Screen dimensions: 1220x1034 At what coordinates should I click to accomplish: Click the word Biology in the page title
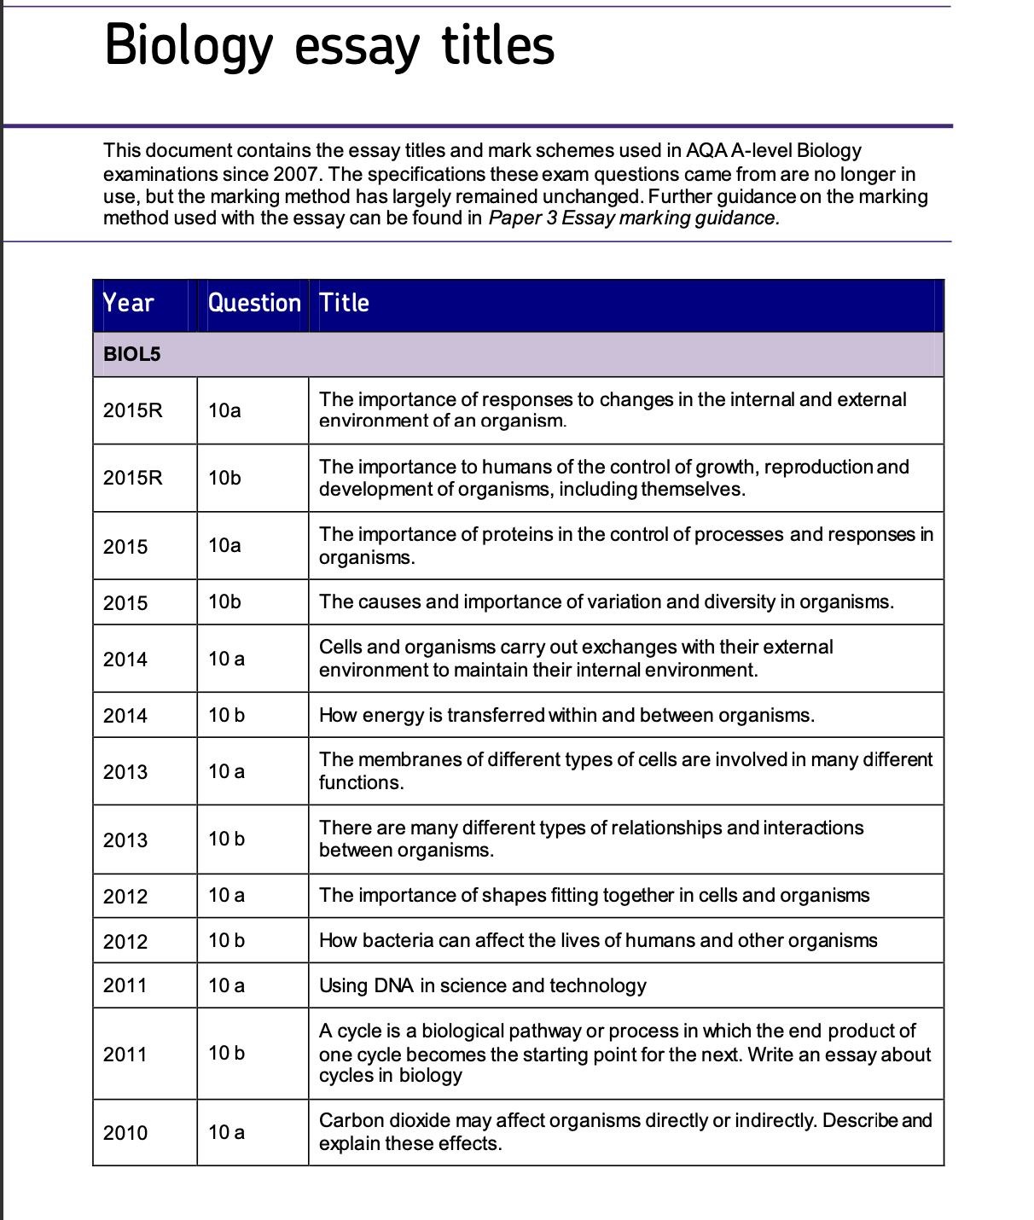point(188,46)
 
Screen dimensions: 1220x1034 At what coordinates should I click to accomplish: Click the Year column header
point(128,303)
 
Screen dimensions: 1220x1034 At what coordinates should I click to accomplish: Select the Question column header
point(254,303)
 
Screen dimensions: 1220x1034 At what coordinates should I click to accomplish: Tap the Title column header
point(344,303)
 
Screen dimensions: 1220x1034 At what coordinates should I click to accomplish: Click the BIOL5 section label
point(131,354)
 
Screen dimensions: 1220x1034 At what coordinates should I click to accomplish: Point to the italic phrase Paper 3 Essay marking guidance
point(633,218)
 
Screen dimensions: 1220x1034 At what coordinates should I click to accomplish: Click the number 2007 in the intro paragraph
point(295,174)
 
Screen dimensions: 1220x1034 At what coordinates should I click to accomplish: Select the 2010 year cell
point(125,1133)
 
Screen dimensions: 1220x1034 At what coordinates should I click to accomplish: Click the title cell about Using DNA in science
point(482,985)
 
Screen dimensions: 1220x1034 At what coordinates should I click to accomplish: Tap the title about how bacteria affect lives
point(597,940)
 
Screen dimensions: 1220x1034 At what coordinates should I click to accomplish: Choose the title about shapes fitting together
point(594,895)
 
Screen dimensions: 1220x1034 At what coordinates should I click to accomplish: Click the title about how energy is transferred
point(566,715)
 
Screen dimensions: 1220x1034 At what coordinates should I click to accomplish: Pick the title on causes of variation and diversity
point(606,601)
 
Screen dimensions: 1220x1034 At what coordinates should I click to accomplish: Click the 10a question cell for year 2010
point(226,1132)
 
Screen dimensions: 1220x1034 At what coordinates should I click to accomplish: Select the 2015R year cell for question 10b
point(132,478)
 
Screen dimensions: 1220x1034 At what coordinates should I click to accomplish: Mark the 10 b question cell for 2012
point(226,940)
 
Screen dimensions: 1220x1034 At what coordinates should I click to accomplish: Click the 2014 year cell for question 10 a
point(125,659)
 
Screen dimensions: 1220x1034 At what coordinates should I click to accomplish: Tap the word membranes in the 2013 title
point(399,759)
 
